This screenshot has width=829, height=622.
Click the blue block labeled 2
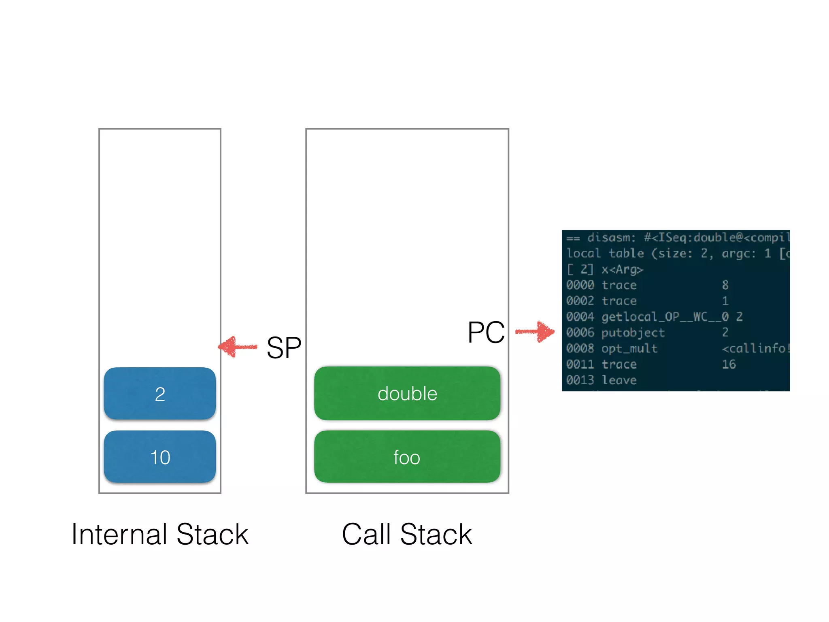coord(159,393)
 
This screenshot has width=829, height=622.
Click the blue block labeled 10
coord(159,457)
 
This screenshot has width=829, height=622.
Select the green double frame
coord(407,393)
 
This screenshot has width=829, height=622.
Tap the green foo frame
coord(407,457)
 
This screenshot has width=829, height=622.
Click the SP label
coord(284,347)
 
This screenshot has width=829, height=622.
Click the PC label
coord(486,332)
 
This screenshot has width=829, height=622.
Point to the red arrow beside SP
coord(238,347)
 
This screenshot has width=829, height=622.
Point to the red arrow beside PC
coord(535,332)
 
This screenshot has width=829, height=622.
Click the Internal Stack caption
coord(159,534)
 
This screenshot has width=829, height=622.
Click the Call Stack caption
coord(407,534)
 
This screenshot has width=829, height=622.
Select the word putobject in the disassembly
coord(633,333)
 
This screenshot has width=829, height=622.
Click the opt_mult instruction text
coord(629,348)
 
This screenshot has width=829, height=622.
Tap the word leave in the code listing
coord(619,380)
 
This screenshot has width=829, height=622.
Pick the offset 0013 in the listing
coord(580,380)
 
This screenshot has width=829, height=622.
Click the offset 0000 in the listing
coord(580,285)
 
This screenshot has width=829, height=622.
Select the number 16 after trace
coord(729,364)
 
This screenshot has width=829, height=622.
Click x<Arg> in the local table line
coord(622,269)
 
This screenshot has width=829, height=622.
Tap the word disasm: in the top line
coord(611,238)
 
